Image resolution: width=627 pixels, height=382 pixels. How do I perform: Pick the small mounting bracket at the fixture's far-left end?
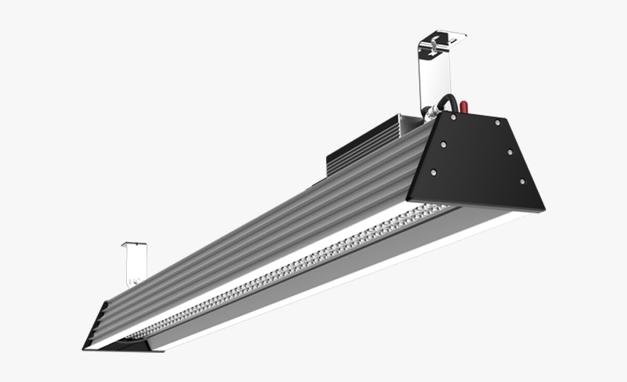(x=135, y=263)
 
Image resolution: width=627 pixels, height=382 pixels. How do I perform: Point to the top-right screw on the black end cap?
(x=498, y=123)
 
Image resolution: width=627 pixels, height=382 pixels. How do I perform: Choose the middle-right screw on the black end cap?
(x=510, y=152)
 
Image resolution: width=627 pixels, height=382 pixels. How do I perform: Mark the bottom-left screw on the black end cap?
(x=433, y=172)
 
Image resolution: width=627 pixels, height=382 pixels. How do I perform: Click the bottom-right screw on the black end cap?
(x=521, y=181)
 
